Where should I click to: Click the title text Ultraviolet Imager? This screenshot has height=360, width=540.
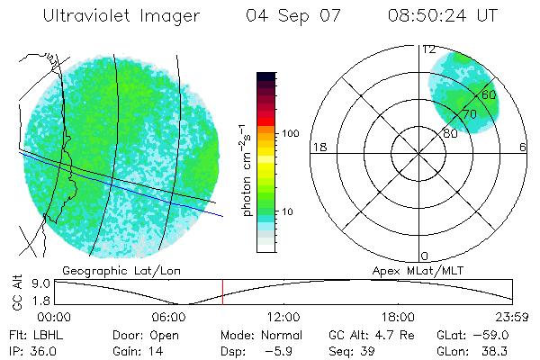point(121,16)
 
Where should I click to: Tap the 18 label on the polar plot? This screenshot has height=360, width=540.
point(318,148)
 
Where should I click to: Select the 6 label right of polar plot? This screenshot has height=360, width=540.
point(523,148)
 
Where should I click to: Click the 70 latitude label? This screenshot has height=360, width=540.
point(469,114)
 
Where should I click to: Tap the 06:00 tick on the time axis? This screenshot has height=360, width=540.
point(169,317)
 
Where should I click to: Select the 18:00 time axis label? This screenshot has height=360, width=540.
point(398,317)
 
